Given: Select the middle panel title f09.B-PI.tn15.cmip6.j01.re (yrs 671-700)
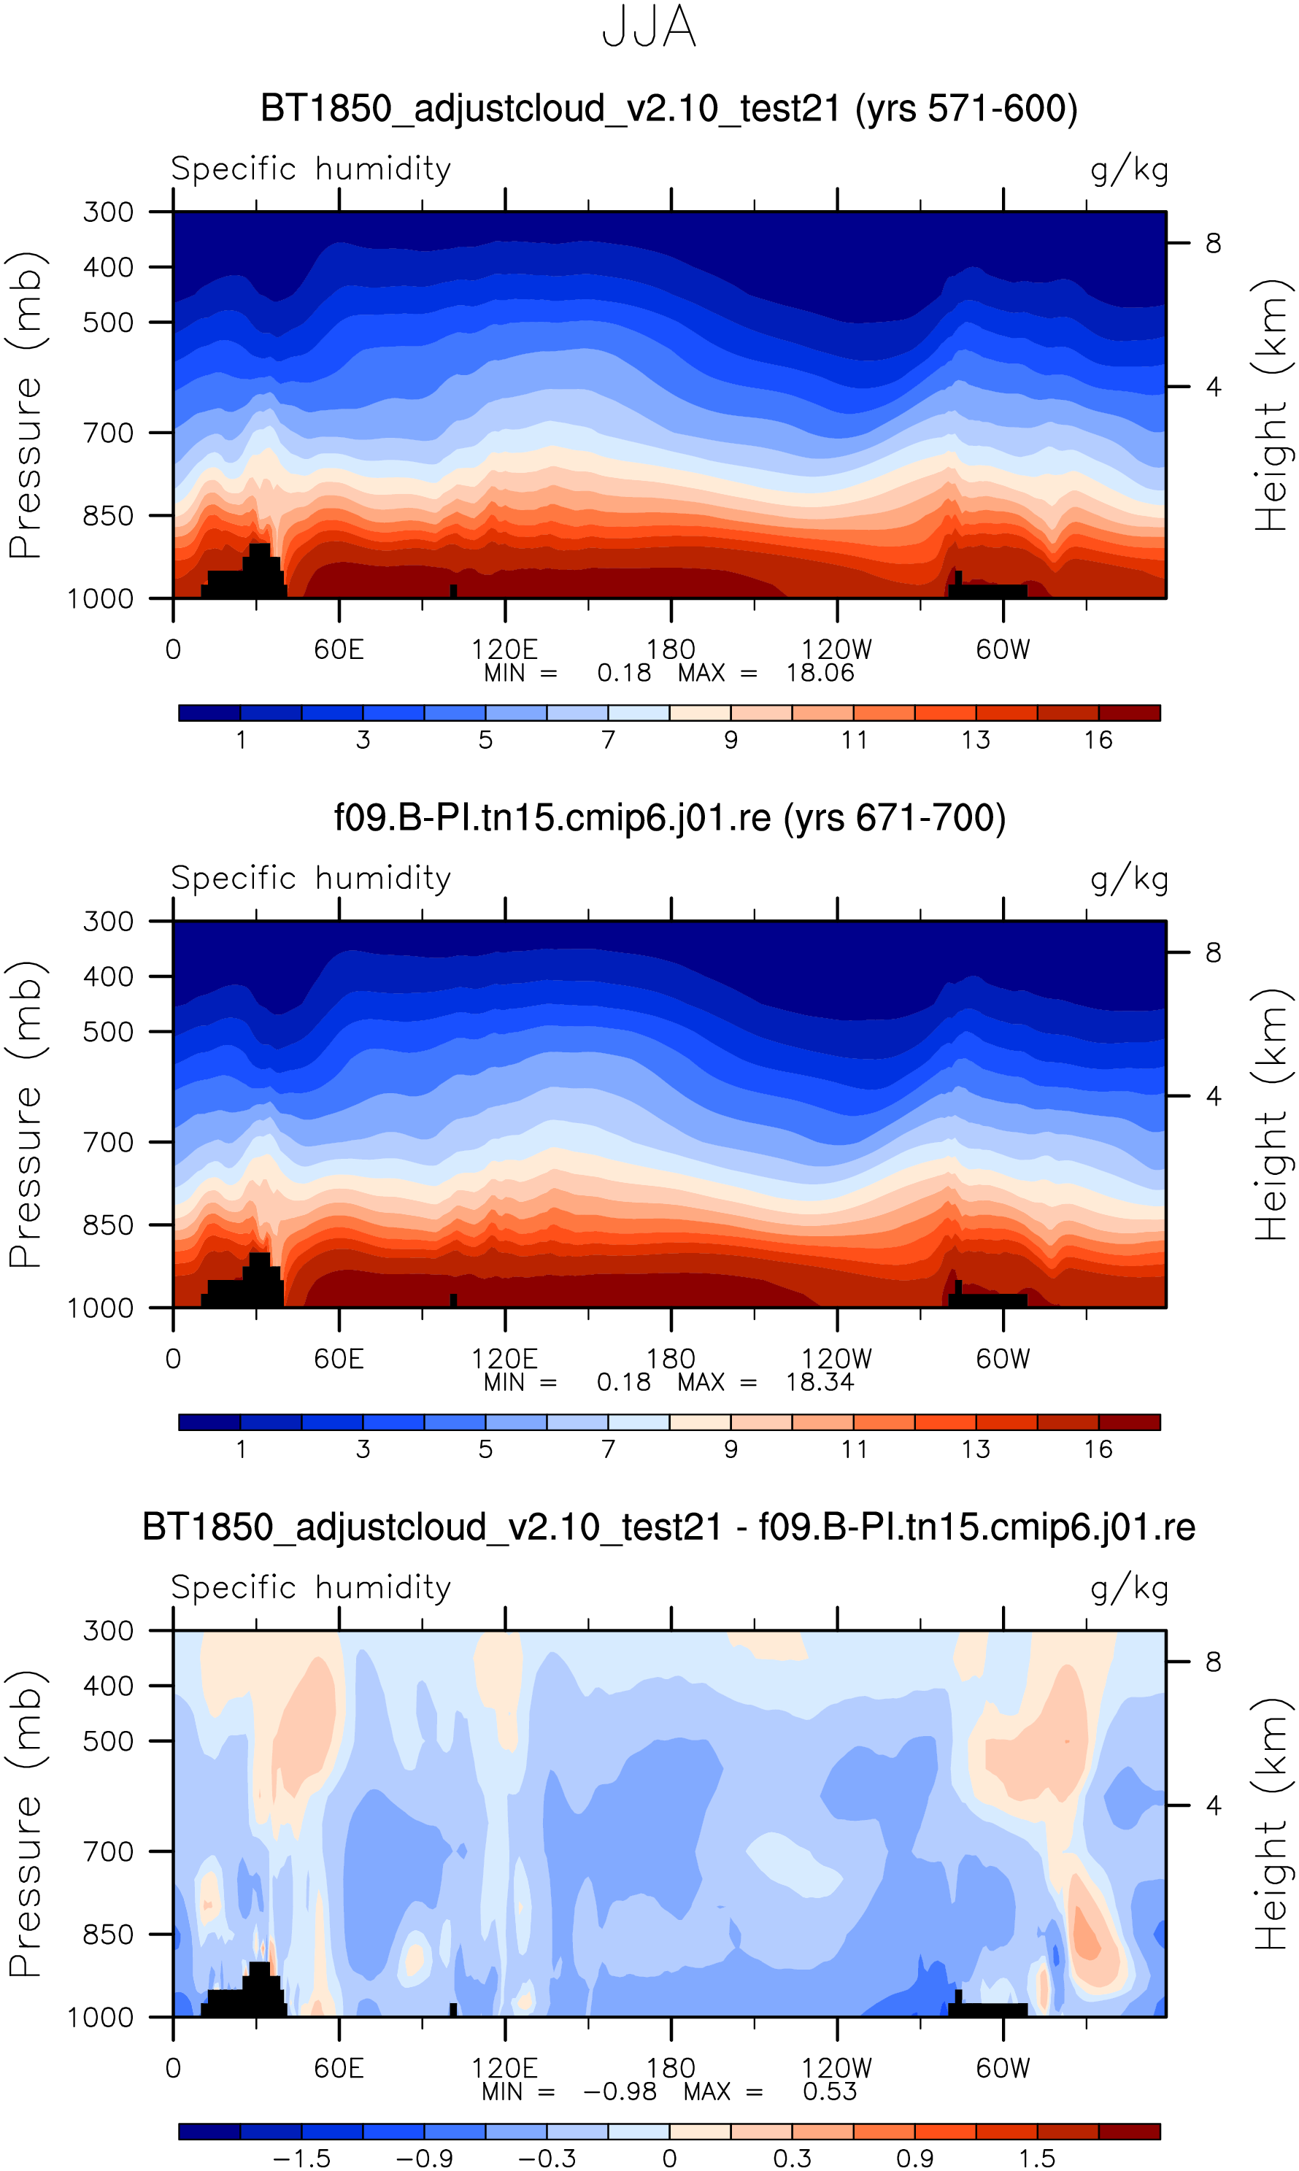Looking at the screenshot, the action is tap(670, 818).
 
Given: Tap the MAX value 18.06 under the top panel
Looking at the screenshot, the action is tap(820, 673).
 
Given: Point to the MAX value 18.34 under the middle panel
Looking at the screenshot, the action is tap(820, 1383).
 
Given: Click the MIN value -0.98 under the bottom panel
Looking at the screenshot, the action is tap(620, 2092).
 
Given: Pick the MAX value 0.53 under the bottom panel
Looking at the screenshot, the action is tap(830, 2092).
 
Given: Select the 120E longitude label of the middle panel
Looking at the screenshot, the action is tap(505, 1359).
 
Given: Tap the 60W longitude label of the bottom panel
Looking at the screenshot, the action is tap(1003, 2069).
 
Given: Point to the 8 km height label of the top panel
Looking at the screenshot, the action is tap(1213, 243).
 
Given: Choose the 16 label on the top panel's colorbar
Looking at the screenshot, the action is tap(1098, 740).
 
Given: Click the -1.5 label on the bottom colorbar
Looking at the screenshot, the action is tap(302, 2159).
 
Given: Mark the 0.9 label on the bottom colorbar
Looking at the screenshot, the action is tap(914, 2159).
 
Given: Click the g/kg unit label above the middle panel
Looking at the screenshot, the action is tap(1129, 879).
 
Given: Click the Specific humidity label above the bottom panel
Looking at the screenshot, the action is tap(311, 1587).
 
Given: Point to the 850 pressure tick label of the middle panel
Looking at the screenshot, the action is tap(109, 1225).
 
